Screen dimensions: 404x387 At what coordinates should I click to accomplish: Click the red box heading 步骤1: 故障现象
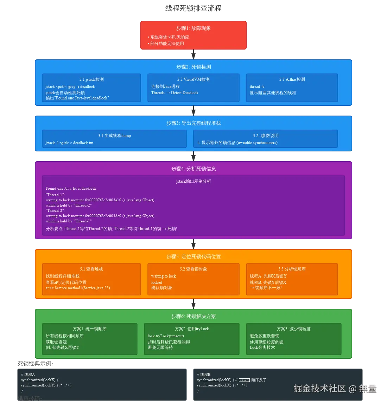pos(193,28)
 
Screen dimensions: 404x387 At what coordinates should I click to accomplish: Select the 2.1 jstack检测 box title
pos(91,79)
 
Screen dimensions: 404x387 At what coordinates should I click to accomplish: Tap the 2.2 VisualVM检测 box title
pos(193,79)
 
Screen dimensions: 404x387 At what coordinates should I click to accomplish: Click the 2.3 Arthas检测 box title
pos(292,79)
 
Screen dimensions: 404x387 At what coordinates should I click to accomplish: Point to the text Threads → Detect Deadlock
pos(175,93)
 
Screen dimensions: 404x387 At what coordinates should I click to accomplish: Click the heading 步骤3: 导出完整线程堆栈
pos(193,123)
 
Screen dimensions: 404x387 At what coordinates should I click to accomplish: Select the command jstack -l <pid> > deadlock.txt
pos(69,143)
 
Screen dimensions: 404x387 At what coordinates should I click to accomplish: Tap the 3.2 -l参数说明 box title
pos(266,136)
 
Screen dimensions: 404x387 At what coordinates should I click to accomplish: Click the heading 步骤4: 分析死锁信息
pos(193,169)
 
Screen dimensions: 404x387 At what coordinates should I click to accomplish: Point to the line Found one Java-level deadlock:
pos(71,188)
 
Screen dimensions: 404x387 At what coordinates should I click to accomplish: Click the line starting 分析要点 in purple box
pos(111,229)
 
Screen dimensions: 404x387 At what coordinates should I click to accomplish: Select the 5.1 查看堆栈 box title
pos(91,269)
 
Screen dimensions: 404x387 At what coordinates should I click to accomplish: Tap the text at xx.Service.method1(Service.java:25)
pos(78,288)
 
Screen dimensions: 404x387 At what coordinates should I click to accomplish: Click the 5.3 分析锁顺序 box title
pos(292,269)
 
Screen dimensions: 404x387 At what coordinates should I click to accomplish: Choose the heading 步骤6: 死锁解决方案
pos(193,317)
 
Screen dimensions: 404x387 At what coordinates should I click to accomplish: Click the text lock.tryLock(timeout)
pos(166,336)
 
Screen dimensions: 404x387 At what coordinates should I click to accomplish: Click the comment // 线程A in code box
pos(28,374)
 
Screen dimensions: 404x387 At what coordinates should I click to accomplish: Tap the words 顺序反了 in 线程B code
pos(259,380)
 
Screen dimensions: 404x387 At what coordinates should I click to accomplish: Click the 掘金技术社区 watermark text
pos(320,388)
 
